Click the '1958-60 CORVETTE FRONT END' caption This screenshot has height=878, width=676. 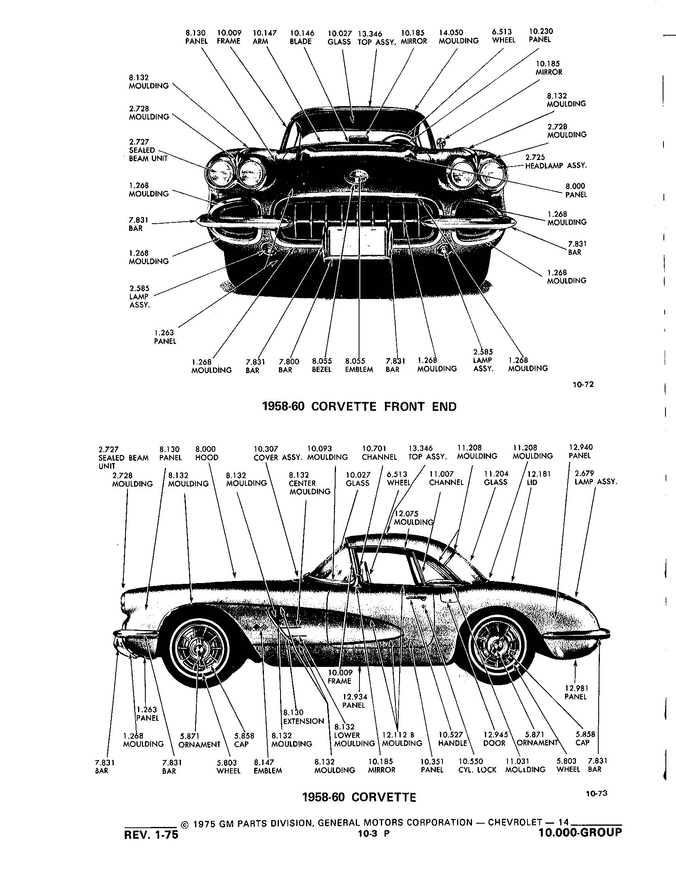(359, 406)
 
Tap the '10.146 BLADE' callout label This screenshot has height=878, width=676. (302, 37)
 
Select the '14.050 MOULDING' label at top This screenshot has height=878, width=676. (458, 36)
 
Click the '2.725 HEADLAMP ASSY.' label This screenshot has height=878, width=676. (556, 161)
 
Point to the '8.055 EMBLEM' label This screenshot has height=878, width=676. (359, 365)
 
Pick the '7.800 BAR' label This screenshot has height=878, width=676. (289, 365)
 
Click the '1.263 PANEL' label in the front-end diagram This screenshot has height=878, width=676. (165, 337)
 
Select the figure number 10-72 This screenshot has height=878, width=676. (583, 384)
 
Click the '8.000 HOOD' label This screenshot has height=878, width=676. (206, 453)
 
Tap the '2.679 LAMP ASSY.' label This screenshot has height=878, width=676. (595, 478)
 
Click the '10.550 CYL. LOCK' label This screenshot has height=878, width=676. (477, 765)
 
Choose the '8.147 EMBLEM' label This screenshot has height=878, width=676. (268, 766)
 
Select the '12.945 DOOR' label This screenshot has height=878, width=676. (494, 739)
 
